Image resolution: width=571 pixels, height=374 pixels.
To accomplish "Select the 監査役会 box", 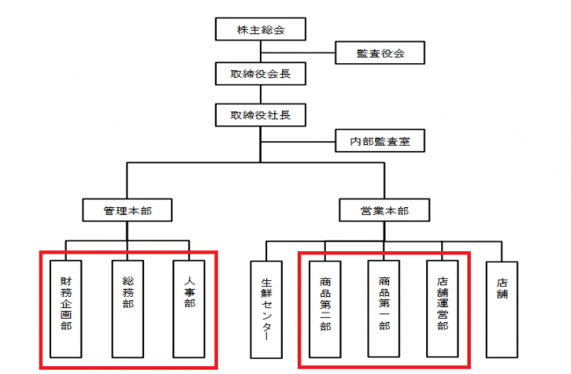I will coord(380,54).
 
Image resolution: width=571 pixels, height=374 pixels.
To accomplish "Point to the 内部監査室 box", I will coord(380,139).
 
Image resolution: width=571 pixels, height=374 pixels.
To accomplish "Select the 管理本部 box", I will coord(126,210).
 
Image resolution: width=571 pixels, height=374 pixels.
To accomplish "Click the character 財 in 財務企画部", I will coord(67,282).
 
